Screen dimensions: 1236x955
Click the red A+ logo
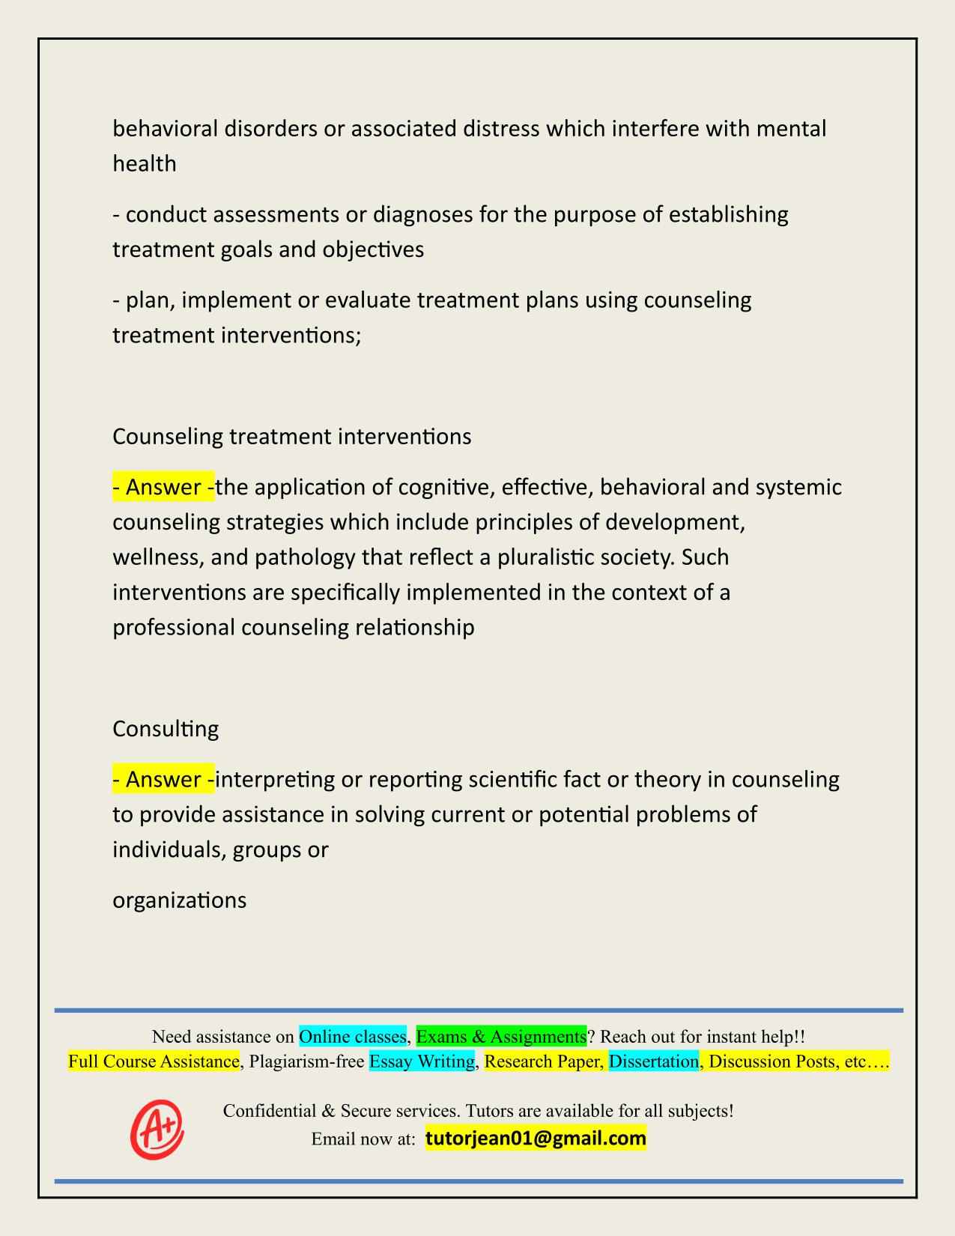click(157, 1129)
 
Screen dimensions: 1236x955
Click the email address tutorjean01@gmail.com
click(536, 1139)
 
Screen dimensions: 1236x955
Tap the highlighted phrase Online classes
click(353, 1037)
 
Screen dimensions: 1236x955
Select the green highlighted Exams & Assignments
click(501, 1037)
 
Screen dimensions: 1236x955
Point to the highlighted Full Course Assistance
click(154, 1061)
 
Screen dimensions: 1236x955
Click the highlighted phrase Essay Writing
click(422, 1061)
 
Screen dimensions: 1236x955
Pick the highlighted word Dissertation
click(654, 1061)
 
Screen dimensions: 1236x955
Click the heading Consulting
click(166, 729)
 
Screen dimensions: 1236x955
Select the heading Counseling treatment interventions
click(292, 437)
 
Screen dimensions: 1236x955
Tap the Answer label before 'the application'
click(163, 488)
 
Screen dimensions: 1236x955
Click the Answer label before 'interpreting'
click(163, 780)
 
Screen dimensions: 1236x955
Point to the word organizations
click(180, 900)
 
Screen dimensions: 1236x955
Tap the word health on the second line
click(145, 163)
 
